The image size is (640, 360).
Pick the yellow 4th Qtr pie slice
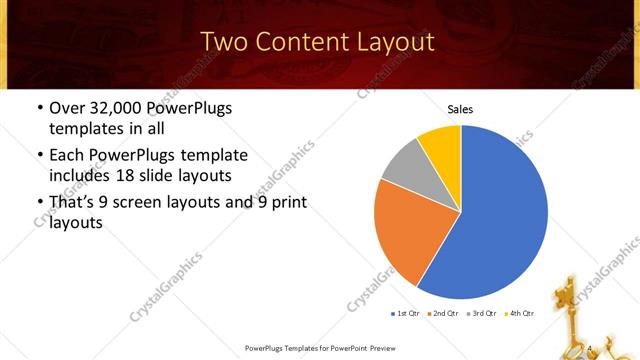coord(441,145)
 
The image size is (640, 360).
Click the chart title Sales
coord(460,110)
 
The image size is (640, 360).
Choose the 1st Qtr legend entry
coord(406,313)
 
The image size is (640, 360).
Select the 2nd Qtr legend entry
coord(445,313)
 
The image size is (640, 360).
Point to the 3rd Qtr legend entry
coord(483,313)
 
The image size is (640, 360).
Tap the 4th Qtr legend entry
coord(521,313)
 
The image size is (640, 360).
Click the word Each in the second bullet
coord(67,156)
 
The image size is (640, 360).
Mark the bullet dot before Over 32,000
coord(38,108)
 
